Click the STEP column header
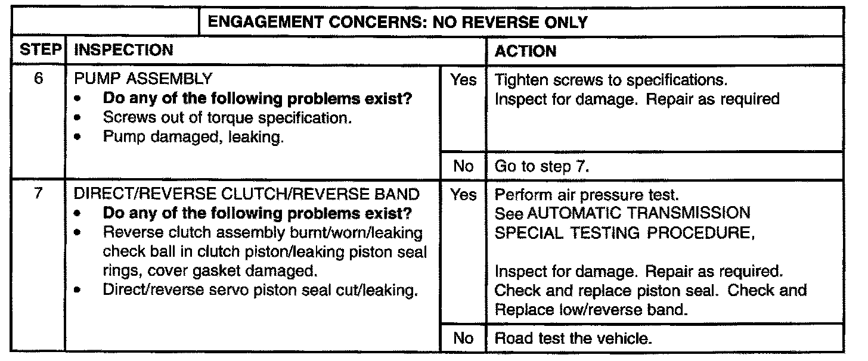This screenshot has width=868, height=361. coord(37,50)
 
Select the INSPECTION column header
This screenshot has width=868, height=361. coord(123,50)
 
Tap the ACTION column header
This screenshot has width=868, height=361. coord(526,51)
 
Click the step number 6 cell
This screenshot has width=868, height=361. coord(37,79)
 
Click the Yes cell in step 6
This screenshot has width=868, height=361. coord(463,80)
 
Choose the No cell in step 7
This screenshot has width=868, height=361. coord(463,338)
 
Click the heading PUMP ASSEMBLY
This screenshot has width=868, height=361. coord(141,80)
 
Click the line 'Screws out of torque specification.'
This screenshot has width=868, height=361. coord(226,118)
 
